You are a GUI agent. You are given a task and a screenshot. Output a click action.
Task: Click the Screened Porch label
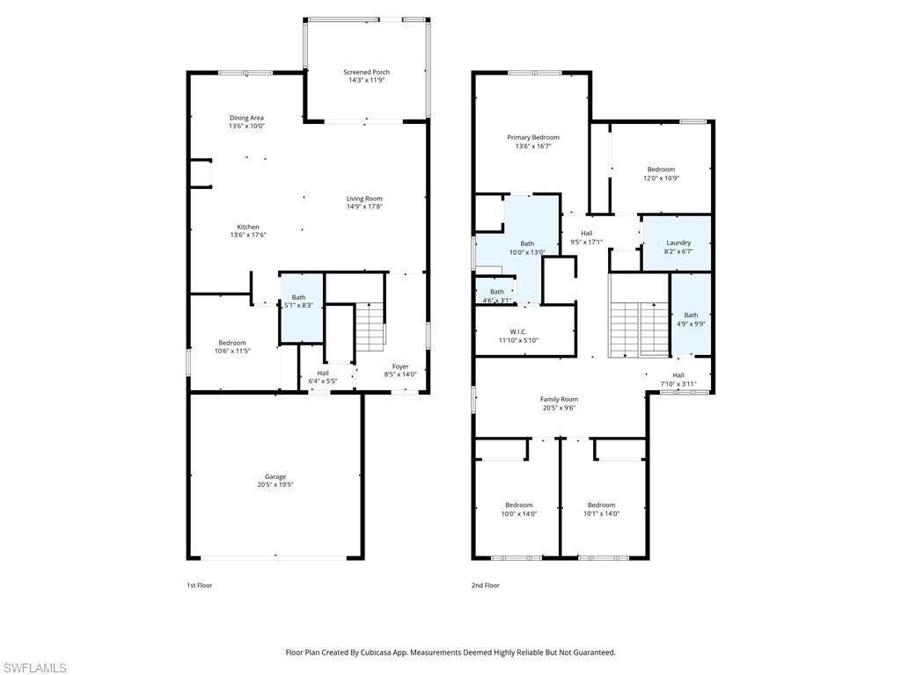click(x=366, y=72)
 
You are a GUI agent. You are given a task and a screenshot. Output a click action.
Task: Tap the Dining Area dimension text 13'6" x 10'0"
click(x=246, y=126)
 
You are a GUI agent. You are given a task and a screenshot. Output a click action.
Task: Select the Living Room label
click(x=364, y=199)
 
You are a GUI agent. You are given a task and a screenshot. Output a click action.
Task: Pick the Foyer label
click(x=399, y=367)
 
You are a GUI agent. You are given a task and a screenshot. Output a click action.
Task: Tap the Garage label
click(x=275, y=476)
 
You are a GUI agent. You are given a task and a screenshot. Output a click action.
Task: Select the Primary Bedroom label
click(x=533, y=137)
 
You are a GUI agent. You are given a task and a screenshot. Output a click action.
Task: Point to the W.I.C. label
click(x=518, y=332)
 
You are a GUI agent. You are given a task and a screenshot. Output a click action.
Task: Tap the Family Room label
click(x=559, y=399)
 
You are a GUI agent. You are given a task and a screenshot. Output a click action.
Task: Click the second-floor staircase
click(x=640, y=327)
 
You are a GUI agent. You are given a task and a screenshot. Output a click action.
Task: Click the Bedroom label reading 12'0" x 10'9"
click(x=661, y=170)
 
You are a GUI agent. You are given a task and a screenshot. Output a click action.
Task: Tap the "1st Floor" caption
click(x=200, y=585)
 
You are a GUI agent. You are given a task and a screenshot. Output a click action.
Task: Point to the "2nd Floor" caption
click(x=486, y=585)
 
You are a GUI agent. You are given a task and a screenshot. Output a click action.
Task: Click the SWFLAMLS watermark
click(x=33, y=668)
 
